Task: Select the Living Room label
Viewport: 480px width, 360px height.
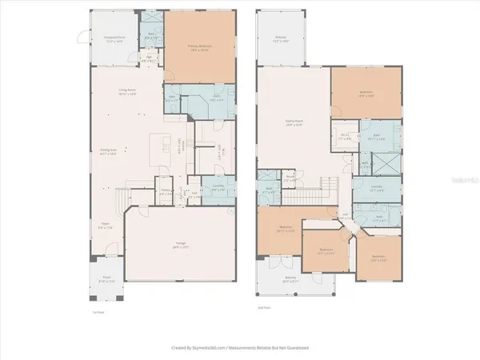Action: (126, 92)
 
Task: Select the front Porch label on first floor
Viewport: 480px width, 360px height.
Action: (106, 280)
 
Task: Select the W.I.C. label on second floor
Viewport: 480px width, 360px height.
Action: (345, 137)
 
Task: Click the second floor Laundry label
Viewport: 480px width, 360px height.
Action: (377, 190)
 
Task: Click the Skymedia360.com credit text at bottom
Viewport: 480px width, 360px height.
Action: (240, 348)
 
